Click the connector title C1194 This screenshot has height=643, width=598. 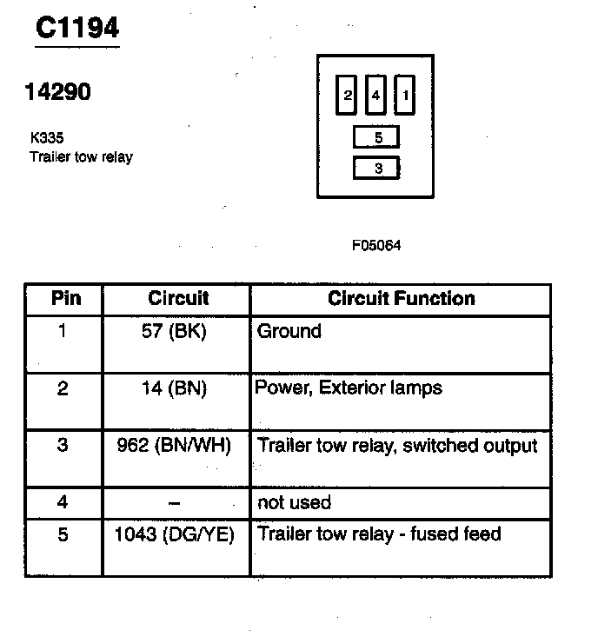pyautogui.click(x=76, y=28)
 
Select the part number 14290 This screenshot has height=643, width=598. pyautogui.click(x=57, y=92)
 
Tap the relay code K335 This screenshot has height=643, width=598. pyautogui.click(x=44, y=137)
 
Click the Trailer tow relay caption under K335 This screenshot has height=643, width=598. pyautogui.click(x=81, y=157)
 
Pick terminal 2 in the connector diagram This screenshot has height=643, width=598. pyautogui.click(x=348, y=96)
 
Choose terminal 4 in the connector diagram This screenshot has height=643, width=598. pyautogui.click(x=375, y=96)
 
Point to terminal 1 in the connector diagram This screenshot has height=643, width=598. pyautogui.click(x=404, y=96)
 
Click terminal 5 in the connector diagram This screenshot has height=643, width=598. pyautogui.click(x=376, y=137)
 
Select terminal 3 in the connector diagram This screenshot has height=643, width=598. pyautogui.click(x=376, y=169)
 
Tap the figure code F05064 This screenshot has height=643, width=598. pyautogui.click(x=376, y=246)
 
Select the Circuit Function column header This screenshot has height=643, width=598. pyautogui.click(x=401, y=299)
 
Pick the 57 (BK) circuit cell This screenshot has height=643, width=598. pyautogui.click(x=175, y=331)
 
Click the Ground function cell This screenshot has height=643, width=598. pyautogui.click(x=289, y=331)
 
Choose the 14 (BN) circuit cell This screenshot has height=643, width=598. pyautogui.click(x=175, y=388)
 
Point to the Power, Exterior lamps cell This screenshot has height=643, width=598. pyautogui.click(x=349, y=388)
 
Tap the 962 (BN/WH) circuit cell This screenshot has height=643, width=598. pyautogui.click(x=175, y=446)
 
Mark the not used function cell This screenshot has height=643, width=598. pyautogui.click(x=295, y=502)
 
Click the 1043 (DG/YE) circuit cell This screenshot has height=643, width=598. pyautogui.click(x=175, y=534)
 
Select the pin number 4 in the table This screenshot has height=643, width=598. pyautogui.click(x=63, y=502)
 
